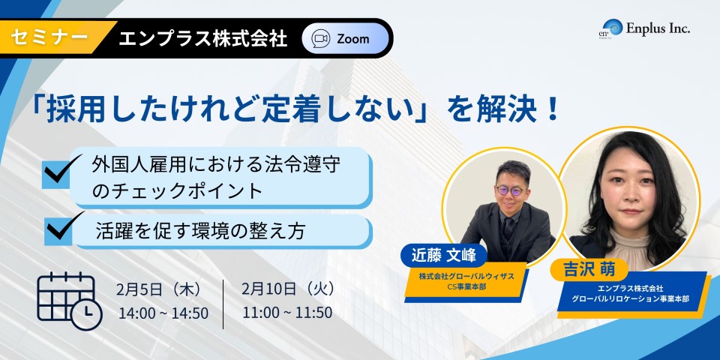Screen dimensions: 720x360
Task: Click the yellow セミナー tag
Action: [x=50, y=38]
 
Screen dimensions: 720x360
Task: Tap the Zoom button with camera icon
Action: [x=345, y=38]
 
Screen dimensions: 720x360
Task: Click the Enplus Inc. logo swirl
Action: [x=614, y=27]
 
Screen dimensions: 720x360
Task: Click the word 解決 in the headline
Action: [x=502, y=111]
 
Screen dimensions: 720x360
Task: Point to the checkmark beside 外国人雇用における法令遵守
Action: [x=61, y=170]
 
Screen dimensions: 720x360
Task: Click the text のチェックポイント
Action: [x=177, y=191]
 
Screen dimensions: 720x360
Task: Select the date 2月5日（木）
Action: [x=159, y=289]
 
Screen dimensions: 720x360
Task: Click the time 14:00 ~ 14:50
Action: [x=163, y=313]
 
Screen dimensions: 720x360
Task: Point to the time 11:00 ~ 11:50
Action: [x=287, y=312]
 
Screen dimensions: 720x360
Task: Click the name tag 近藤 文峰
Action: [x=437, y=254]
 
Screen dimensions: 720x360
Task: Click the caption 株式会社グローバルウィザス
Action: [x=466, y=277]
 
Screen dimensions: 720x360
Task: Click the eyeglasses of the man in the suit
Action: [x=510, y=190]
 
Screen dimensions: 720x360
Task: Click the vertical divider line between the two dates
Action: [x=223, y=304]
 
